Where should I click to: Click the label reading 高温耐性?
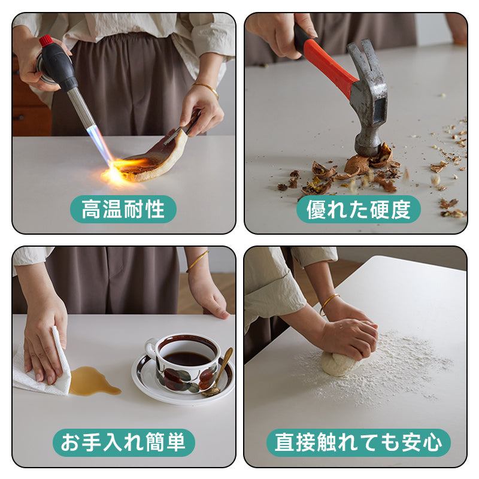pyautogui.click(x=123, y=209)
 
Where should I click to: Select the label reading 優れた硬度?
pyautogui.click(x=358, y=209)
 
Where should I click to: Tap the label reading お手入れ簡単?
pyautogui.click(x=123, y=442)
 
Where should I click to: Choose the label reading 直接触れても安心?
pyautogui.click(x=358, y=442)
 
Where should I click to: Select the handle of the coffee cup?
pyautogui.click(x=151, y=348)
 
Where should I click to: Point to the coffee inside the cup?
pyautogui.click(x=187, y=359)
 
